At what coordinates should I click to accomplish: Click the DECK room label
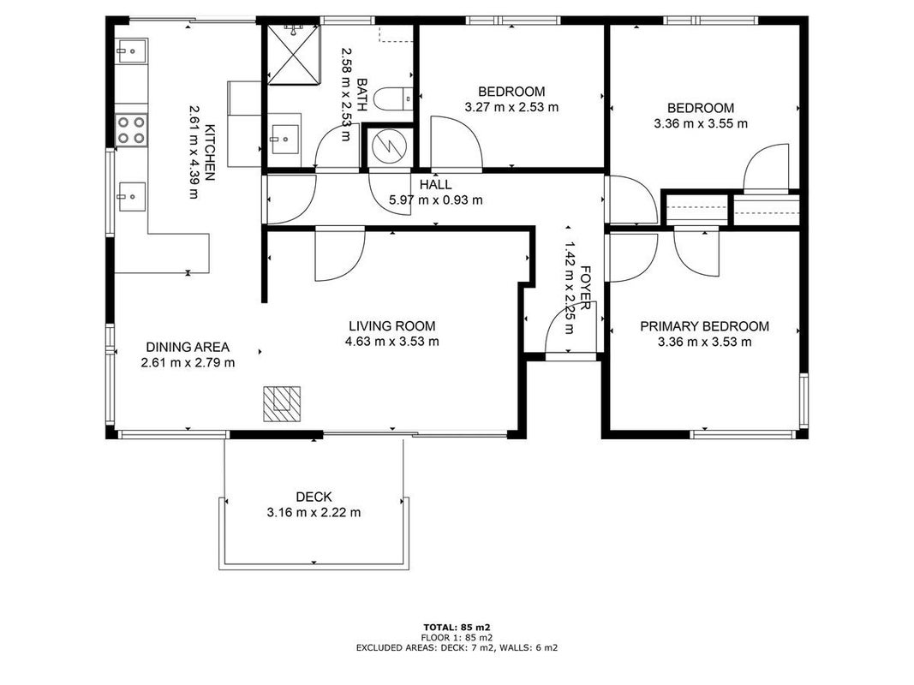(x=314, y=497)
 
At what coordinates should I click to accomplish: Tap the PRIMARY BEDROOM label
(x=704, y=326)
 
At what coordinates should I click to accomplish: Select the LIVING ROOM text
(x=391, y=326)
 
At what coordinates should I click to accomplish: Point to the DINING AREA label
(x=188, y=347)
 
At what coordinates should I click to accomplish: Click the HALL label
(x=435, y=185)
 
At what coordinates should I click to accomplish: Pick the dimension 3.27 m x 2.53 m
(x=511, y=107)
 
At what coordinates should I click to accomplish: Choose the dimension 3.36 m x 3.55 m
(x=701, y=123)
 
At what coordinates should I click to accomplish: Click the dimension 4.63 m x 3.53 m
(x=391, y=342)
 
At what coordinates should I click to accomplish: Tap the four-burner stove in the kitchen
(x=131, y=130)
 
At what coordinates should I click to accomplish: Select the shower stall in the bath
(x=294, y=54)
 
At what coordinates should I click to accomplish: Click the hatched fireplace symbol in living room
(x=282, y=403)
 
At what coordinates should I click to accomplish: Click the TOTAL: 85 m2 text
(x=457, y=628)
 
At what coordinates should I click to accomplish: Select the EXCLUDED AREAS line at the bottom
(x=457, y=647)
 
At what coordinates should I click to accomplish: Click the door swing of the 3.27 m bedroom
(x=456, y=142)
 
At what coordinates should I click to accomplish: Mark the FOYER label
(x=586, y=289)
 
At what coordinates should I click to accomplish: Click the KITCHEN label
(x=210, y=152)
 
